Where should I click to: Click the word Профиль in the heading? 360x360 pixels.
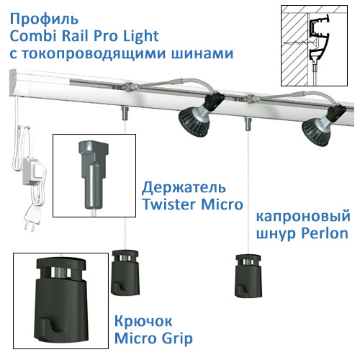(x=44, y=19)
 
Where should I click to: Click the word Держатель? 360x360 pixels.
(x=184, y=188)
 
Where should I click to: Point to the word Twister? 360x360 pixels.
(x=168, y=204)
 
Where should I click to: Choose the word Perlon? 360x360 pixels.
(x=325, y=233)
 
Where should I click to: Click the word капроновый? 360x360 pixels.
(x=303, y=216)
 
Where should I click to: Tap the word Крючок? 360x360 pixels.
(x=143, y=321)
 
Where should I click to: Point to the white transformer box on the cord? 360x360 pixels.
(x=33, y=173)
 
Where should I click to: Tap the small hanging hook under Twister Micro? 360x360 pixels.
(x=125, y=273)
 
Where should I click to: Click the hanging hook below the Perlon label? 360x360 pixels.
(x=248, y=276)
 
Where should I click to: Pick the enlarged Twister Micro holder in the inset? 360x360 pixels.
(x=94, y=175)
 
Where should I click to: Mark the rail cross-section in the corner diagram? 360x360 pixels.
(x=318, y=40)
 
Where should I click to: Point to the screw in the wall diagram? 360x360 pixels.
(x=300, y=42)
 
